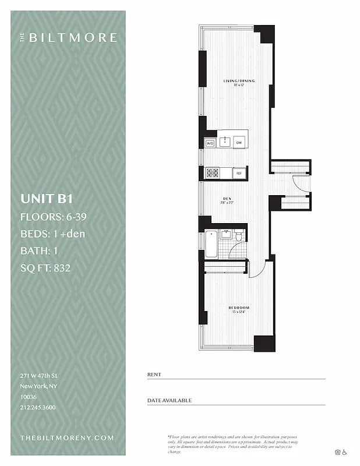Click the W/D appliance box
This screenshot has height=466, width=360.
click(210, 143)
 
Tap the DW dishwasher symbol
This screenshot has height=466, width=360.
click(239, 143)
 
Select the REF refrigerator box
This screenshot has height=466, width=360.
click(239, 173)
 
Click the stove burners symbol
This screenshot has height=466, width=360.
click(213, 173)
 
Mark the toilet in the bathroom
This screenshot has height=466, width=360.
click(238, 236)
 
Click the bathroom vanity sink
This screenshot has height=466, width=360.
click(225, 234)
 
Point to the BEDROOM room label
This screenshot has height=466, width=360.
click(239, 308)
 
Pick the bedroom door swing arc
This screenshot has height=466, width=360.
click(258, 270)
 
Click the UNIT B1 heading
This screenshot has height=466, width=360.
click(47, 199)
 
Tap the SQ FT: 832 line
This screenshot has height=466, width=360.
click(50, 268)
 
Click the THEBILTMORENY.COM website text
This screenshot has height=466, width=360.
click(67, 437)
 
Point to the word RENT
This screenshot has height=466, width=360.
click(154, 375)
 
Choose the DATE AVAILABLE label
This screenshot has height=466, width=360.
click(170, 401)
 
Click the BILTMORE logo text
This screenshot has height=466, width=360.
click(73, 38)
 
